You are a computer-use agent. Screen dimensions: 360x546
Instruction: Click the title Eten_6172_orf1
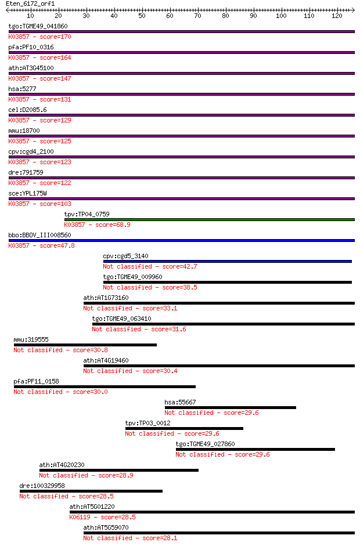coord(30,4)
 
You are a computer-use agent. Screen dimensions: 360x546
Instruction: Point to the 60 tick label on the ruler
coord(170,16)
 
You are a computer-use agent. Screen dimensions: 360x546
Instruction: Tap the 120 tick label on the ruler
coord(337,16)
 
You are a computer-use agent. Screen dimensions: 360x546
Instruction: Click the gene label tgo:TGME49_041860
coord(38,26)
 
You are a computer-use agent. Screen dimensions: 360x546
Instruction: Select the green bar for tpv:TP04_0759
coord(210,220)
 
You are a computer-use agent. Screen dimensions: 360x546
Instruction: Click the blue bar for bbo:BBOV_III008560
coord(182,241)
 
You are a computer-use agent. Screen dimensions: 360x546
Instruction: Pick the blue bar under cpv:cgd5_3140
coord(227,262)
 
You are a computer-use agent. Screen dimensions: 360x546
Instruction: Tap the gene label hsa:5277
coord(22,89)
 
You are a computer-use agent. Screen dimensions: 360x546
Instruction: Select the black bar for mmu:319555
coord(85,345)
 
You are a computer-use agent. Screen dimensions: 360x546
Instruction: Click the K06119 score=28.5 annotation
coord(102,517)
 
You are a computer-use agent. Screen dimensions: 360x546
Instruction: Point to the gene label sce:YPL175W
coord(27,193)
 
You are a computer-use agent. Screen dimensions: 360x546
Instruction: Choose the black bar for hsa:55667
coord(231,408)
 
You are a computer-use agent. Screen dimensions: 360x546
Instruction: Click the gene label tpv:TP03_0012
coord(147,423)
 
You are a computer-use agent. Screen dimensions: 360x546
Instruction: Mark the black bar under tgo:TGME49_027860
coord(255,450)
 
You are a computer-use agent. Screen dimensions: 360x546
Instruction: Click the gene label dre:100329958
coord(42,486)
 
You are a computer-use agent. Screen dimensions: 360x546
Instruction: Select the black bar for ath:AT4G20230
coord(119,471)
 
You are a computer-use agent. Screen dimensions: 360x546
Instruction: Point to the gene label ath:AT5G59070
coord(106,527)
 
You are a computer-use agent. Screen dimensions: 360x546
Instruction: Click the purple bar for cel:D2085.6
coord(182,115)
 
